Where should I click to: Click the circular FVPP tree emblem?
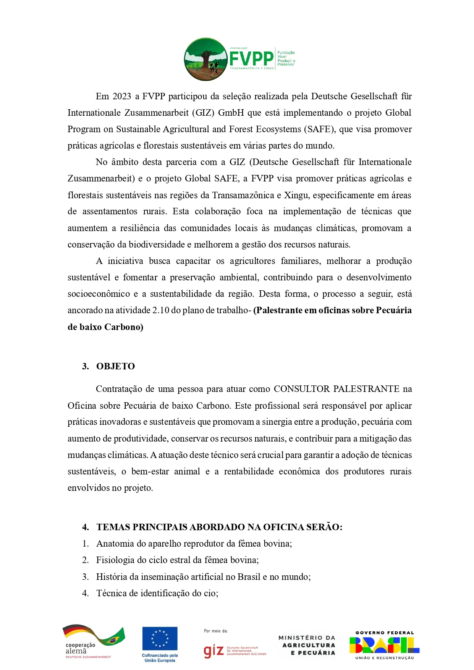click(x=206, y=59)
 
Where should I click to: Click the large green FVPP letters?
click(x=251, y=58)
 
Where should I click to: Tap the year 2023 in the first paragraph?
click(x=122, y=96)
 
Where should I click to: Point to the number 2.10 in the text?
click(x=161, y=310)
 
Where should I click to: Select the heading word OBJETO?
click(x=115, y=366)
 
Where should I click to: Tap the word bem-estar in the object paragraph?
click(x=150, y=471)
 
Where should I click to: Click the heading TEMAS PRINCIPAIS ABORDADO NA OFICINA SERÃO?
click(x=219, y=527)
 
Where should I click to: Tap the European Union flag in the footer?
click(x=160, y=639)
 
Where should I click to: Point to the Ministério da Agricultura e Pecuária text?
click(x=307, y=645)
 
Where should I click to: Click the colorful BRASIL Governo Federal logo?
click(x=384, y=645)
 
